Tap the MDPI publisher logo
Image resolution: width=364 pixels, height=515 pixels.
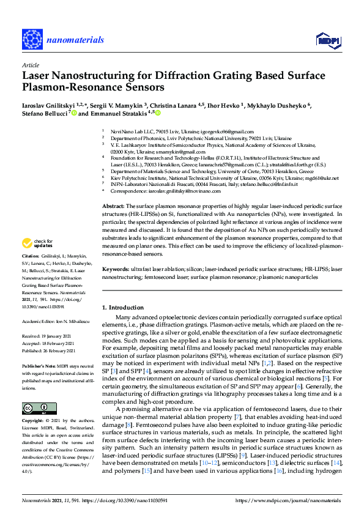(x=326, y=40)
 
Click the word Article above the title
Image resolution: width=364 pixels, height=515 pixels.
(x=30, y=65)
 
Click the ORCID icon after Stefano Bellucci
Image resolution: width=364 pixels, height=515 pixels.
(x=73, y=113)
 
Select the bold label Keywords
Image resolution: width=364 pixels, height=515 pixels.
(x=116, y=269)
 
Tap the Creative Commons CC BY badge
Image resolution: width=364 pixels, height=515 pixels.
(x=35, y=409)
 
